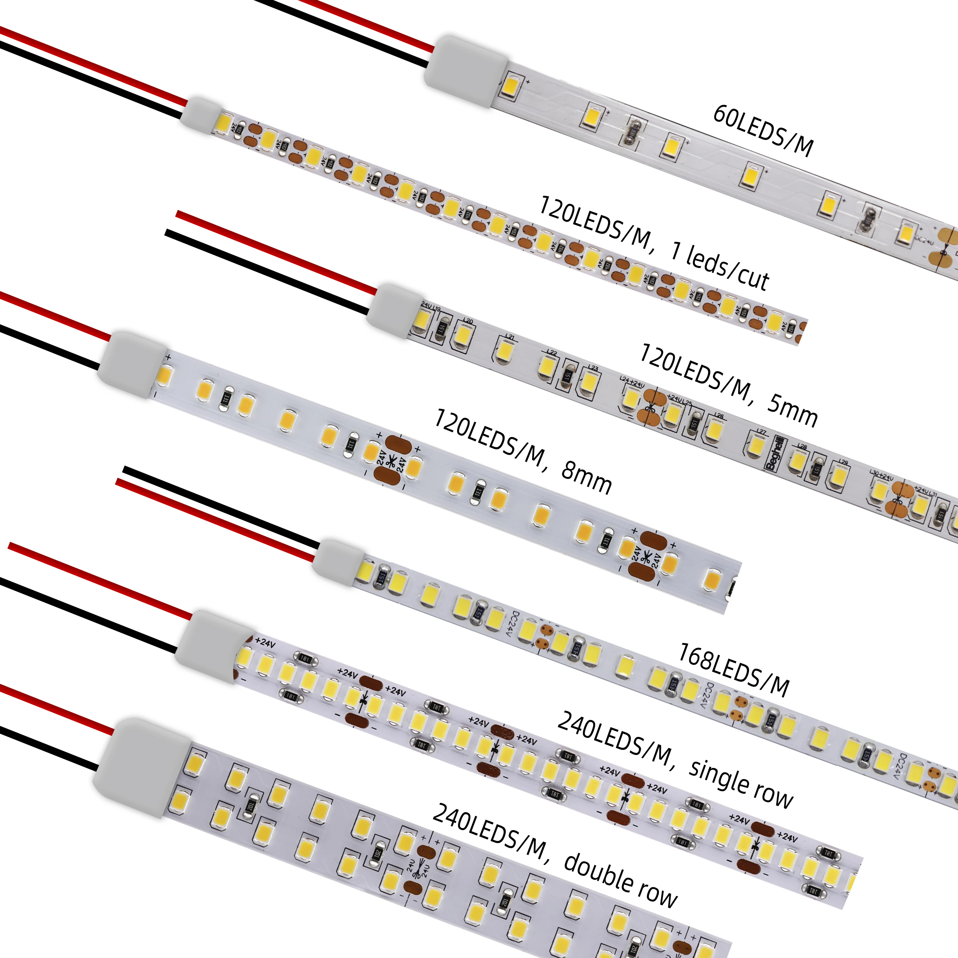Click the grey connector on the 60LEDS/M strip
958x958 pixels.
pyautogui.click(x=466, y=70)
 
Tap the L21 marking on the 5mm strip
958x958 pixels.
pyautogui.click(x=510, y=337)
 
